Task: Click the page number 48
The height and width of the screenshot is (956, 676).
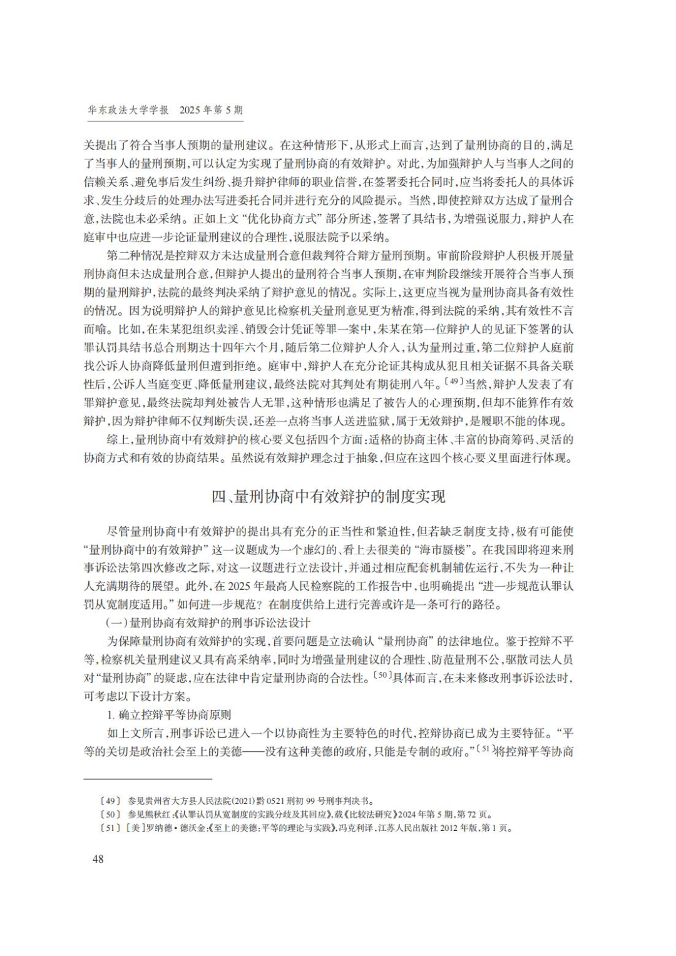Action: pyautogui.click(x=98, y=858)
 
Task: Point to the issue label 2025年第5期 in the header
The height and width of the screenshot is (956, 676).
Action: pyautogui.click(x=211, y=110)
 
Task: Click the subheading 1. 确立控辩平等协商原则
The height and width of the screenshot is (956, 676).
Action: pyautogui.click(x=169, y=714)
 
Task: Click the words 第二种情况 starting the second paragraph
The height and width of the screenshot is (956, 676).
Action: pyautogui.click(x=133, y=256)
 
